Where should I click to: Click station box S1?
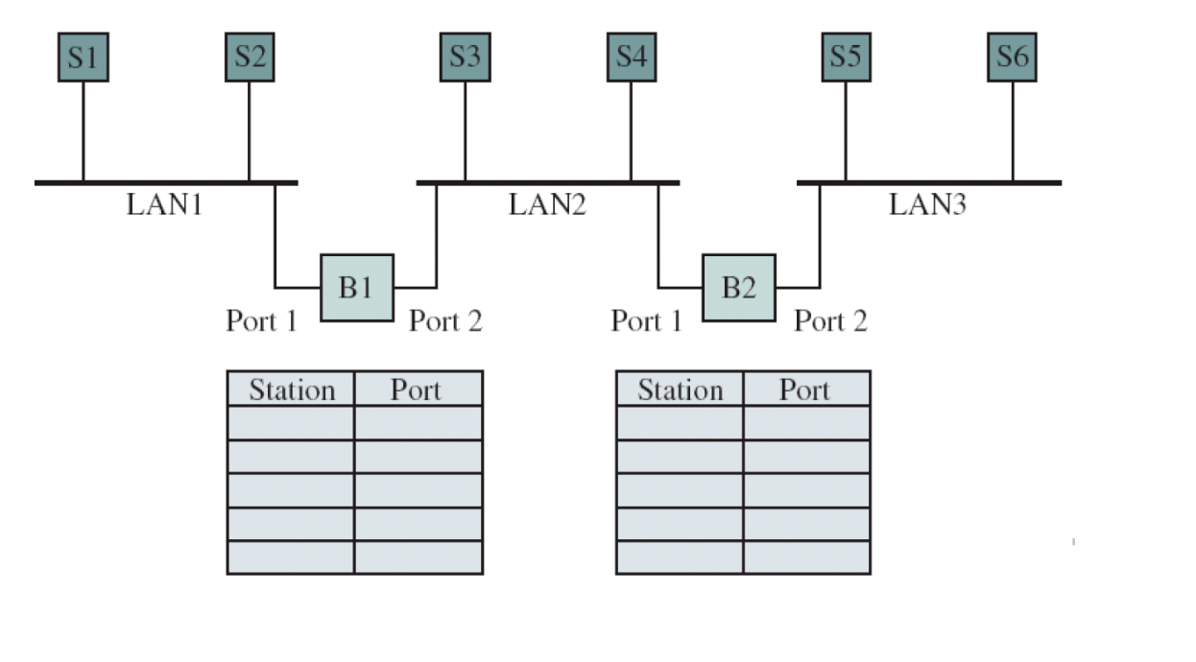point(83,57)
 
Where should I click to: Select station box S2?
point(249,57)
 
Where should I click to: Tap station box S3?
point(465,57)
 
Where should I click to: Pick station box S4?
point(631,57)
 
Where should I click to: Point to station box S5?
point(846,57)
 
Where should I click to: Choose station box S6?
point(1012,57)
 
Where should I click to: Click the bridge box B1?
point(356,288)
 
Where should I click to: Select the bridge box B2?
point(738,288)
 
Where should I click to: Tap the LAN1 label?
point(164,204)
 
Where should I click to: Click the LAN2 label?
point(547,204)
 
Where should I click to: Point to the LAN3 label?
point(927,204)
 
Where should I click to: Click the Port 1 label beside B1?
point(261,320)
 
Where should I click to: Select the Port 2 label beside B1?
point(445,320)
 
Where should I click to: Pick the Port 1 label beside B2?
point(646,320)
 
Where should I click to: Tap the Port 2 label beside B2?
point(830,320)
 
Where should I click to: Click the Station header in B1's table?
point(292,390)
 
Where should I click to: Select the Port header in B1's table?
point(416,390)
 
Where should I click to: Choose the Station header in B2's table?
point(680,390)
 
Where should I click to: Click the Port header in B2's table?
point(804,390)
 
